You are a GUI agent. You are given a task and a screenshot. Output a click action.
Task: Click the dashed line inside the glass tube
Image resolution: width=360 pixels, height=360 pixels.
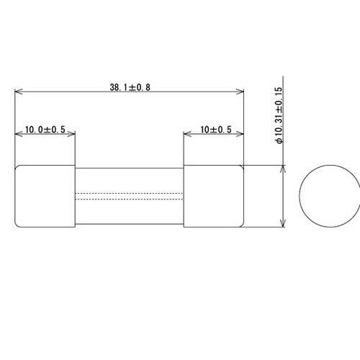pyautogui.click(x=130, y=193)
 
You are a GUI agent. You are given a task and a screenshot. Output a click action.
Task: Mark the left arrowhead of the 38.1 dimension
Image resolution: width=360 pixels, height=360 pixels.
pyautogui.click(x=19, y=92)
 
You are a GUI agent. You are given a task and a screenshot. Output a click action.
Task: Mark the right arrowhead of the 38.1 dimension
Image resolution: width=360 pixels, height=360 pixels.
pyautogui.click(x=240, y=92)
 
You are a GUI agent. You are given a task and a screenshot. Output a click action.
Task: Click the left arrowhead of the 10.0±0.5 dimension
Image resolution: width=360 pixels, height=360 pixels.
pyautogui.click(x=19, y=135)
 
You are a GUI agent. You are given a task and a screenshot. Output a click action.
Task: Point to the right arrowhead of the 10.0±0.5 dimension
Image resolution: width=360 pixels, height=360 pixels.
pyautogui.click(x=72, y=135)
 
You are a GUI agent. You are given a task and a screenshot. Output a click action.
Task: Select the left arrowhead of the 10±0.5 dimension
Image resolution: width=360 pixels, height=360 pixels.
pyautogui.click(x=187, y=135)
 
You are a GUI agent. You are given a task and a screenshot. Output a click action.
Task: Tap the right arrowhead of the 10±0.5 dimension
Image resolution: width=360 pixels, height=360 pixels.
pyautogui.click(x=240, y=135)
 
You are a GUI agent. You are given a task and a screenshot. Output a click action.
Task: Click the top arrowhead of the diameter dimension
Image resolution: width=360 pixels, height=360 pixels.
pyautogui.click(x=284, y=168)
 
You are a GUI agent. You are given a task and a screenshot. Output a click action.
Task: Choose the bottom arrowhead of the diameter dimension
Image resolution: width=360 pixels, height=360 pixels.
pyautogui.click(x=284, y=225)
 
